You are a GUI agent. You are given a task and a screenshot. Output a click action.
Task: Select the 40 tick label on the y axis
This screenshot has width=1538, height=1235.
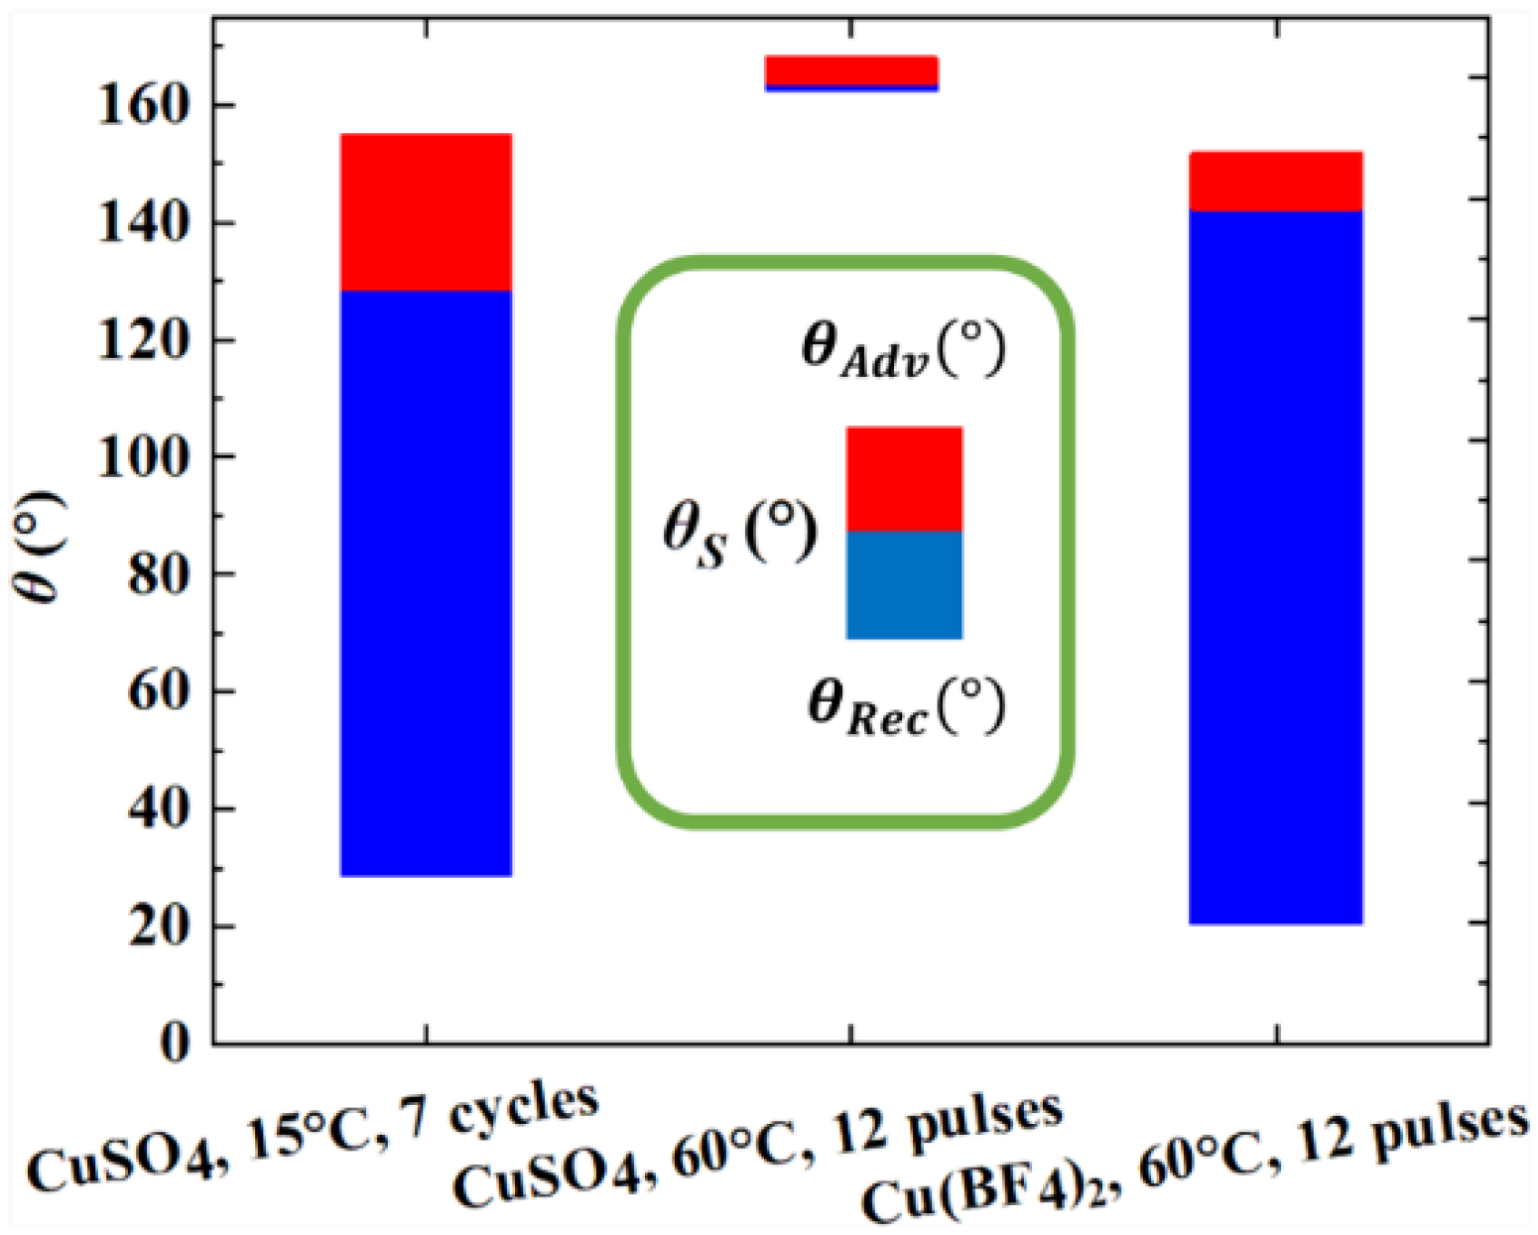tap(159, 808)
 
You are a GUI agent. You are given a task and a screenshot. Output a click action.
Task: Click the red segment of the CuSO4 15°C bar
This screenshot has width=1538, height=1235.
tap(426, 212)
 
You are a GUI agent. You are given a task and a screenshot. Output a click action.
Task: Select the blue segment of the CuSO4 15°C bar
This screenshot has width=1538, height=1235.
tap(426, 583)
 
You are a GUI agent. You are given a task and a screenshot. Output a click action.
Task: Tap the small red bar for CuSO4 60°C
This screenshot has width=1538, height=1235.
tap(851, 70)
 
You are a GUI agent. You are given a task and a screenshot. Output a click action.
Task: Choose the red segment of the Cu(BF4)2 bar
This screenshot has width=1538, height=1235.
tap(1276, 182)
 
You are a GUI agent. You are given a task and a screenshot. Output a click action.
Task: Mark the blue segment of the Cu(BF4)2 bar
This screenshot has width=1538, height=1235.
tap(1276, 567)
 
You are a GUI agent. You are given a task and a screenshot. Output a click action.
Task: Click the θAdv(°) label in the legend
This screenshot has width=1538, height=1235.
tap(903, 349)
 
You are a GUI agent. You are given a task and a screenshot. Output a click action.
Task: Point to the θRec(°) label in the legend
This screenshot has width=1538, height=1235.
tap(906, 706)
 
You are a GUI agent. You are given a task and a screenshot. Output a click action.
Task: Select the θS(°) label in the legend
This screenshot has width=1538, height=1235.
tap(739, 535)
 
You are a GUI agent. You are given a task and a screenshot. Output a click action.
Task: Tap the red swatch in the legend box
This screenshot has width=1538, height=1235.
tap(904, 479)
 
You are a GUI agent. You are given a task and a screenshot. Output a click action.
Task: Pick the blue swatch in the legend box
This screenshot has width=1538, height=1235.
tap(904, 585)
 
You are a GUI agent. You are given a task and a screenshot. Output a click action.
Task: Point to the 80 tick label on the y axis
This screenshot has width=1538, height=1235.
tap(159, 574)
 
